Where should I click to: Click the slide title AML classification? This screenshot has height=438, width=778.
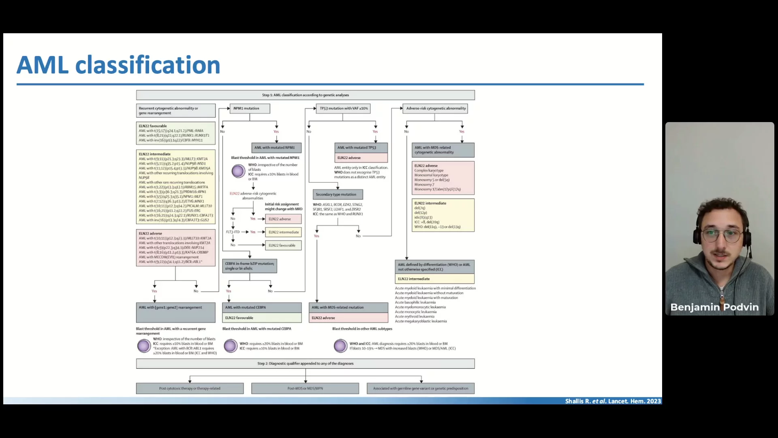pyautogui.click(x=118, y=65)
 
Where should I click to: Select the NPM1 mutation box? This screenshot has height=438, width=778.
pyautogui.click(x=250, y=108)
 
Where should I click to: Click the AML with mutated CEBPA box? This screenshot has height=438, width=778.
pyautogui.click(x=262, y=307)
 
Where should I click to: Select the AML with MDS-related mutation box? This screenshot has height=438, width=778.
pyautogui.click(x=348, y=307)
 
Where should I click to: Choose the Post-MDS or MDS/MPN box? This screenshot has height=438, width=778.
pyautogui.click(x=305, y=389)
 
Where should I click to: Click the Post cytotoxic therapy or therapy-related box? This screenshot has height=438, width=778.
pyautogui.click(x=190, y=389)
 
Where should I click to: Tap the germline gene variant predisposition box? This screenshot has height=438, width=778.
pyautogui.click(x=421, y=389)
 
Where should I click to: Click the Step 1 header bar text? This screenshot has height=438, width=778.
pyautogui.click(x=305, y=95)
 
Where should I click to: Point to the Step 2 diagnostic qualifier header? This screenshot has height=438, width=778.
pyautogui.click(x=305, y=363)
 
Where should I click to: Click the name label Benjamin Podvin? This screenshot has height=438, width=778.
pyautogui.click(x=714, y=307)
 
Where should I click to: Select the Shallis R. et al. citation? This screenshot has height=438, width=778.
pyautogui.click(x=613, y=401)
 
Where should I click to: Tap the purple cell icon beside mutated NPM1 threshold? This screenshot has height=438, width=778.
pyautogui.click(x=238, y=171)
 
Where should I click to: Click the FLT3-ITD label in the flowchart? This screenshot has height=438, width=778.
pyautogui.click(x=233, y=232)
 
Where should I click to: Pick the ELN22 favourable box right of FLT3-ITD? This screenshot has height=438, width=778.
pyautogui.click(x=283, y=245)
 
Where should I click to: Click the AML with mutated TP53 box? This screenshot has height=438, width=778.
pyautogui.click(x=361, y=148)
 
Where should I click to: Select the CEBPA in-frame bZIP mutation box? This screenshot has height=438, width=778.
pyautogui.click(x=250, y=266)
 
